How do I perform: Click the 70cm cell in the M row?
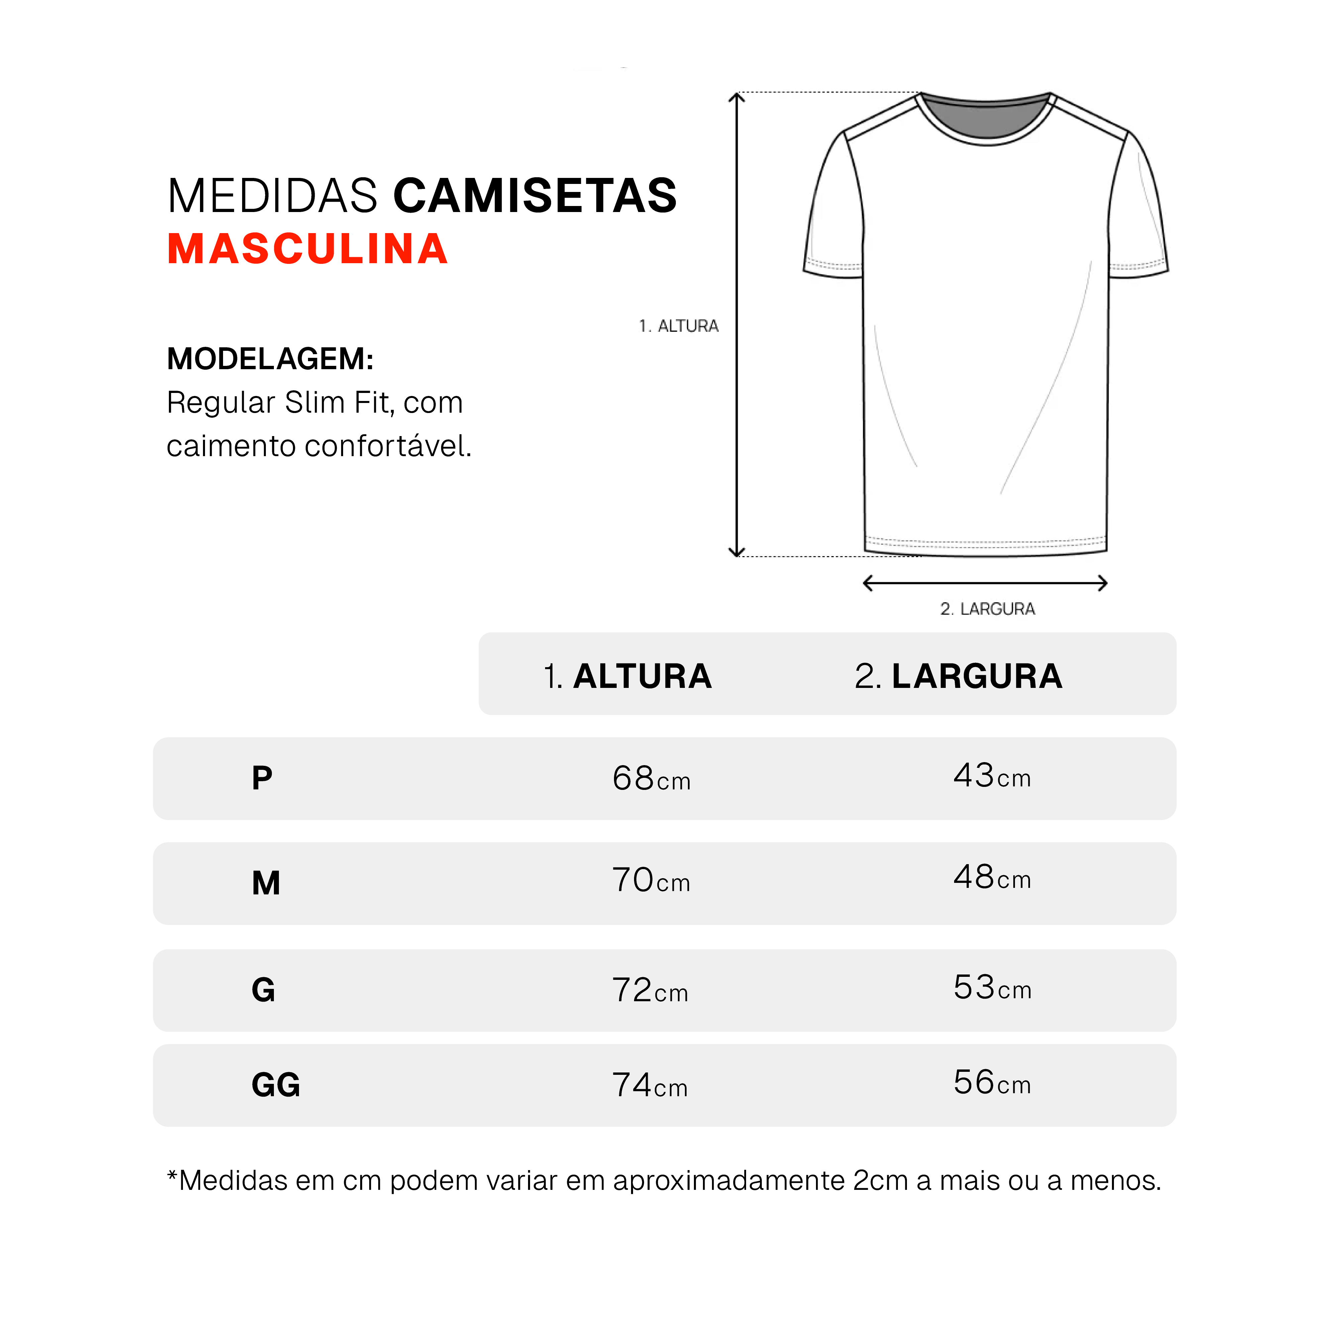pos(651,880)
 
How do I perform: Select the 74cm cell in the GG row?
pos(650,1085)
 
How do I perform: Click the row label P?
pos(262,779)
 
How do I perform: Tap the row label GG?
pos(276,1085)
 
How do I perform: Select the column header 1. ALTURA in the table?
pos(627,677)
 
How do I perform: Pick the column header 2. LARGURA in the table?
pos(958,677)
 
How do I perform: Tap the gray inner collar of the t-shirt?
pos(986,119)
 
